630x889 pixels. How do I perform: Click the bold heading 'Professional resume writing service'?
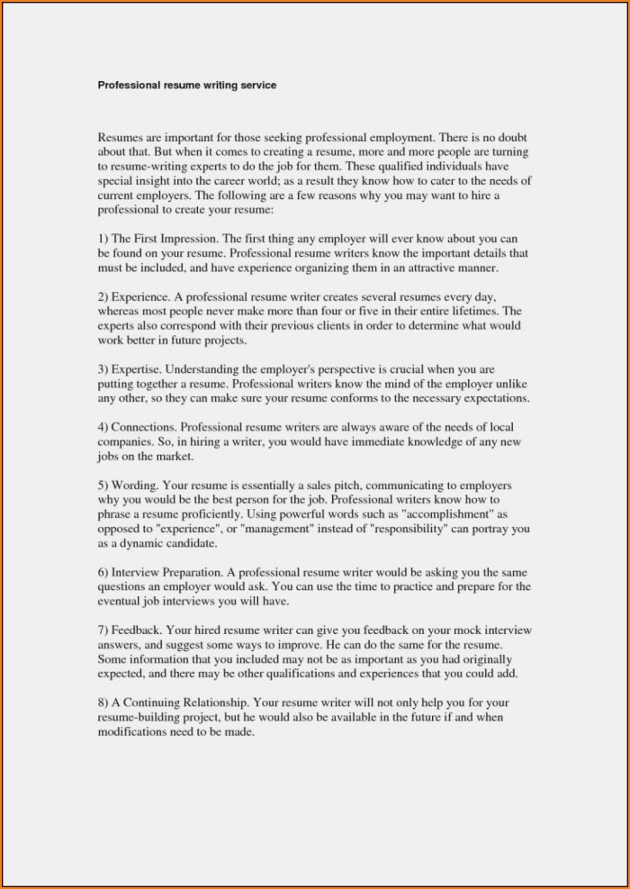pos(186,86)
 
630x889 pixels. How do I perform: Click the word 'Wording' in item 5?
pos(135,484)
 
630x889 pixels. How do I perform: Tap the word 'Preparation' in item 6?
pos(191,572)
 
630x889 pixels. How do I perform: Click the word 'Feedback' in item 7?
pos(136,630)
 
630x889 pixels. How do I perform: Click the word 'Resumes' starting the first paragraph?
pos(120,138)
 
